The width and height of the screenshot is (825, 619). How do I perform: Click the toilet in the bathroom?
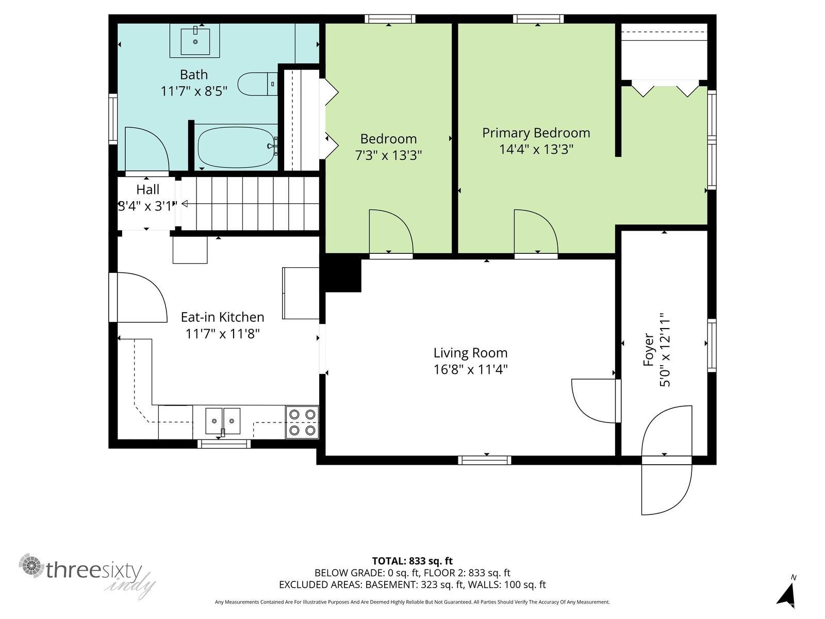258,84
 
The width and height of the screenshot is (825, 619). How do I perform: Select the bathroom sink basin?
195,41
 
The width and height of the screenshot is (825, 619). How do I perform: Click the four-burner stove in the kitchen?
302,422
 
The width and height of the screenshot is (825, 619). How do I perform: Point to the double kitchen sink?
223,421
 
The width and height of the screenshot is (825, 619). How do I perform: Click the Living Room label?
471,353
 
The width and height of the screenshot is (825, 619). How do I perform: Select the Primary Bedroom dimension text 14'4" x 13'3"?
536,149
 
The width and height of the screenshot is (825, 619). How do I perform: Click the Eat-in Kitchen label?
223,317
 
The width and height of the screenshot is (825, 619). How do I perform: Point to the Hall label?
147,189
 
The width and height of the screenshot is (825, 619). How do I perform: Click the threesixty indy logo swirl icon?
32,565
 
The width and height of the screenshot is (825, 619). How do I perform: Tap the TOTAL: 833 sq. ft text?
412,561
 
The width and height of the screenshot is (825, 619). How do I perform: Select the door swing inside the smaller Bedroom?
391,232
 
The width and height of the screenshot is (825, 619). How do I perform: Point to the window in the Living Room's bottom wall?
485,460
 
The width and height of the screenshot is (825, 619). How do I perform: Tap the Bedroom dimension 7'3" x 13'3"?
388,155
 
